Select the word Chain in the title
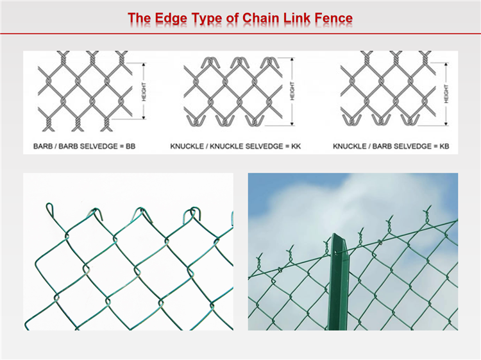(260, 18)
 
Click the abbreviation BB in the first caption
(130, 146)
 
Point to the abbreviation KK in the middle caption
(296, 146)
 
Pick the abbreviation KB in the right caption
(444, 146)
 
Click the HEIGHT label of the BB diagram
(144, 92)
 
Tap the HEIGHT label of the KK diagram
(292, 91)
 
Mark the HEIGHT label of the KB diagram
(446, 94)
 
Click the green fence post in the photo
(339, 282)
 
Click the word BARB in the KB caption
(380, 146)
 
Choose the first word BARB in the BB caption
(43, 146)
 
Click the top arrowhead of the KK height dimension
(292, 60)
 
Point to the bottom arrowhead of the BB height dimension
(144, 117)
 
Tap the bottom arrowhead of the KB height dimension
(446, 123)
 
